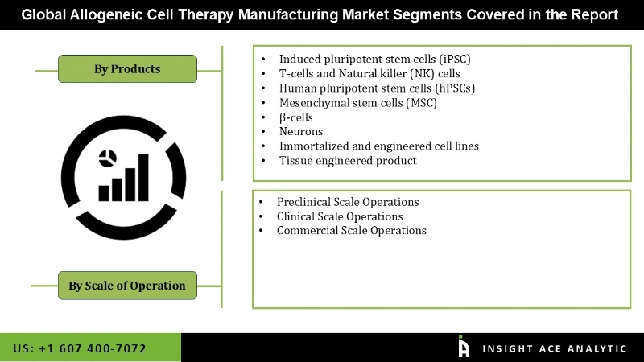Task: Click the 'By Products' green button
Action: point(127,69)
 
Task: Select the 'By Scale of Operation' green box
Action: point(127,286)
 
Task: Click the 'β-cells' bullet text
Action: point(296,117)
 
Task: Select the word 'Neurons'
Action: point(301,131)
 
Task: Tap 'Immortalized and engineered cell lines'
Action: point(378,146)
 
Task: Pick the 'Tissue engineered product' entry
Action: point(348,160)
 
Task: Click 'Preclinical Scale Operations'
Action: point(348,202)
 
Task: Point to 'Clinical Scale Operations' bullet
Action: point(340,216)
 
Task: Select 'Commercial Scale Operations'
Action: point(351,231)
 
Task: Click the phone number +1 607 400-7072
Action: point(80,348)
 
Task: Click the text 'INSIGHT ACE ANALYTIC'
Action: point(554,348)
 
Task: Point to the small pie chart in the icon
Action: point(106,156)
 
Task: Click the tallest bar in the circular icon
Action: point(145,175)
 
